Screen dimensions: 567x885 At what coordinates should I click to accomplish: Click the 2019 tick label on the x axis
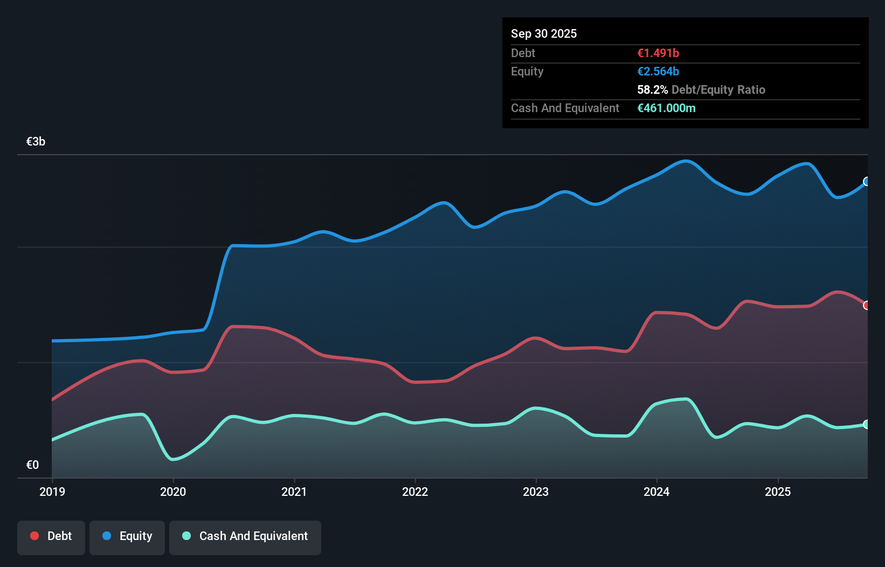[52, 492]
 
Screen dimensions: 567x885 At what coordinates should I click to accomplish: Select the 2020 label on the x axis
[173, 492]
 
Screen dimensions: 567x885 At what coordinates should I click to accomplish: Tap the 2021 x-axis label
[294, 492]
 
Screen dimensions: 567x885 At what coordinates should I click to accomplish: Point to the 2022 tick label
[415, 492]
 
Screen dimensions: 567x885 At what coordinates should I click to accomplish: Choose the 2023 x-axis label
[536, 492]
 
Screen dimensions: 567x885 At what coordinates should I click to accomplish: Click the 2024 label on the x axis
[656, 492]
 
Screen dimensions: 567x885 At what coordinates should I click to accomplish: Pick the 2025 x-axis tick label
[778, 492]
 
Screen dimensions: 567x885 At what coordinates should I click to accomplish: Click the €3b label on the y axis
[36, 142]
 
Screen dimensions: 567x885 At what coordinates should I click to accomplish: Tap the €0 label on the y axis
[32, 465]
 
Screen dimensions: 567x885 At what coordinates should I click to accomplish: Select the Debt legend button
[51, 536]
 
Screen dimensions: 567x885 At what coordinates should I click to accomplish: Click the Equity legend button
[127, 536]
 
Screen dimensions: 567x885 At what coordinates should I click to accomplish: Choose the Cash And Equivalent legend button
[245, 536]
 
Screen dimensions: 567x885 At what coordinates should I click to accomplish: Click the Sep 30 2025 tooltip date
[544, 33]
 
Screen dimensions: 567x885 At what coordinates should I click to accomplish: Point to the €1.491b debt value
[658, 53]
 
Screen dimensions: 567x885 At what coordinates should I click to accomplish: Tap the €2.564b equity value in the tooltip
[658, 71]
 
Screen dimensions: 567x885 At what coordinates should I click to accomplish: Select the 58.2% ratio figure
[652, 89]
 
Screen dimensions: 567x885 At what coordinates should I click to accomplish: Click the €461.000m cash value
[666, 108]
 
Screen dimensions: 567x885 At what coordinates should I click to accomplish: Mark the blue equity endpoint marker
[866, 182]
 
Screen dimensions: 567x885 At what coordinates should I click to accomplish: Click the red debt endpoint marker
[866, 306]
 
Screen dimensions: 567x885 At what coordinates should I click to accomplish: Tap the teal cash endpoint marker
[866, 424]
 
